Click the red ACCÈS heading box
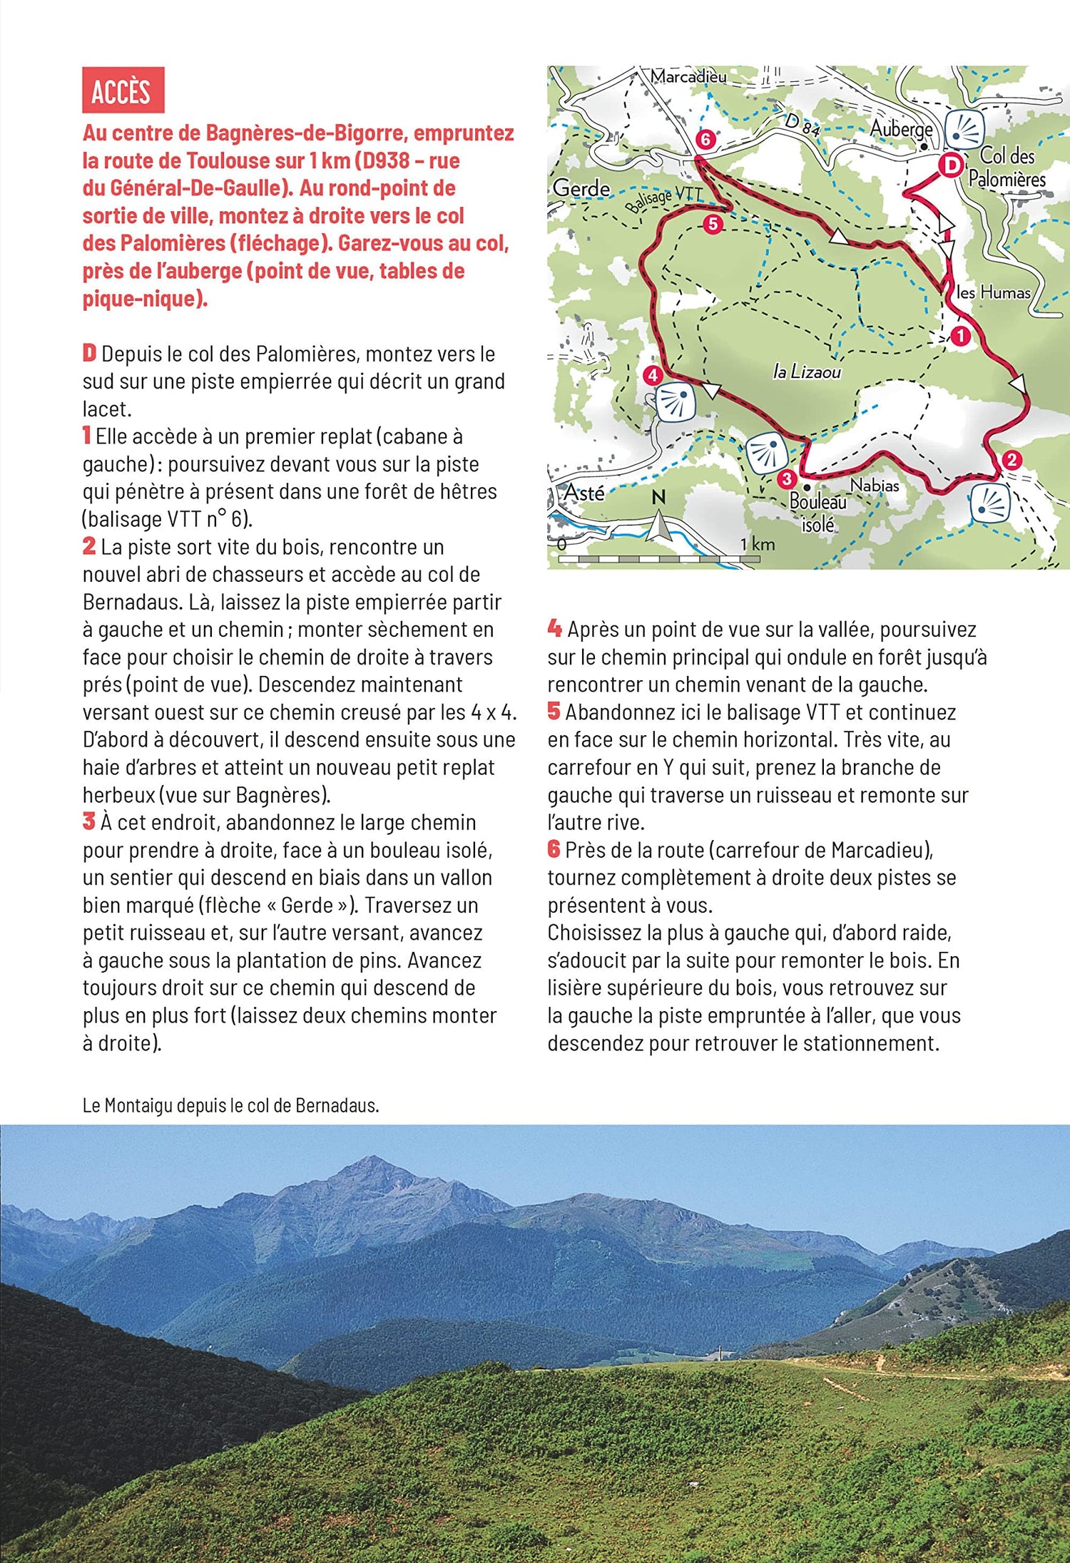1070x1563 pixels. point(123,90)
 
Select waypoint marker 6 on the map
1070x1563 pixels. point(705,139)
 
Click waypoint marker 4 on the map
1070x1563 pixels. point(652,374)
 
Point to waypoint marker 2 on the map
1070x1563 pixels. point(1011,460)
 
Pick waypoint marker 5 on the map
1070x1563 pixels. point(713,225)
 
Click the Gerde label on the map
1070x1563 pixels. point(581,188)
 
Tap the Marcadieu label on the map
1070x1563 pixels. point(688,76)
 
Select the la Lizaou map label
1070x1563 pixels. point(807,371)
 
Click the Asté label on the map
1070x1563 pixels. point(584,493)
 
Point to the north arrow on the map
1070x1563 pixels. point(659,519)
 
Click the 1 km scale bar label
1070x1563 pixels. point(757,544)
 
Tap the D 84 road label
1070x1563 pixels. point(802,124)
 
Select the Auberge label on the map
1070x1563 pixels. point(901,129)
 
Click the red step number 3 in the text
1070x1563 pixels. point(88,821)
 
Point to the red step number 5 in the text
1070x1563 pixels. point(554,711)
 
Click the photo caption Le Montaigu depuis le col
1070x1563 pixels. point(230,1105)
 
